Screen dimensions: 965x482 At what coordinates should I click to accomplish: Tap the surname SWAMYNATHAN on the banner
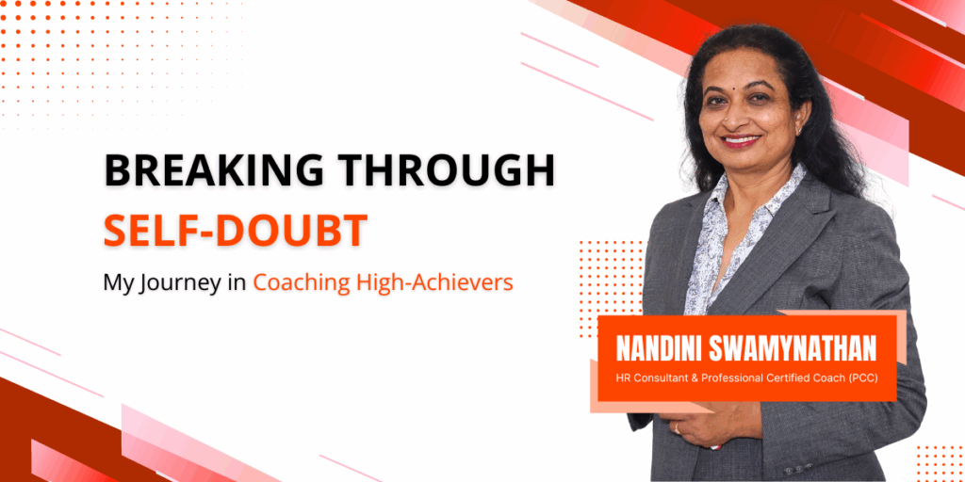[793, 350]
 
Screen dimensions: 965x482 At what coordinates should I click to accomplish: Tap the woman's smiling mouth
[741, 141]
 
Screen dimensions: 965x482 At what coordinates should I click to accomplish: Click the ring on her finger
[677, 427]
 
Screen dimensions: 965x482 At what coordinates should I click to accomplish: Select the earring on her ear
[798, 130]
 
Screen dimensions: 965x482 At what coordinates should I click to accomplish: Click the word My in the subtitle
[118, 283]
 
